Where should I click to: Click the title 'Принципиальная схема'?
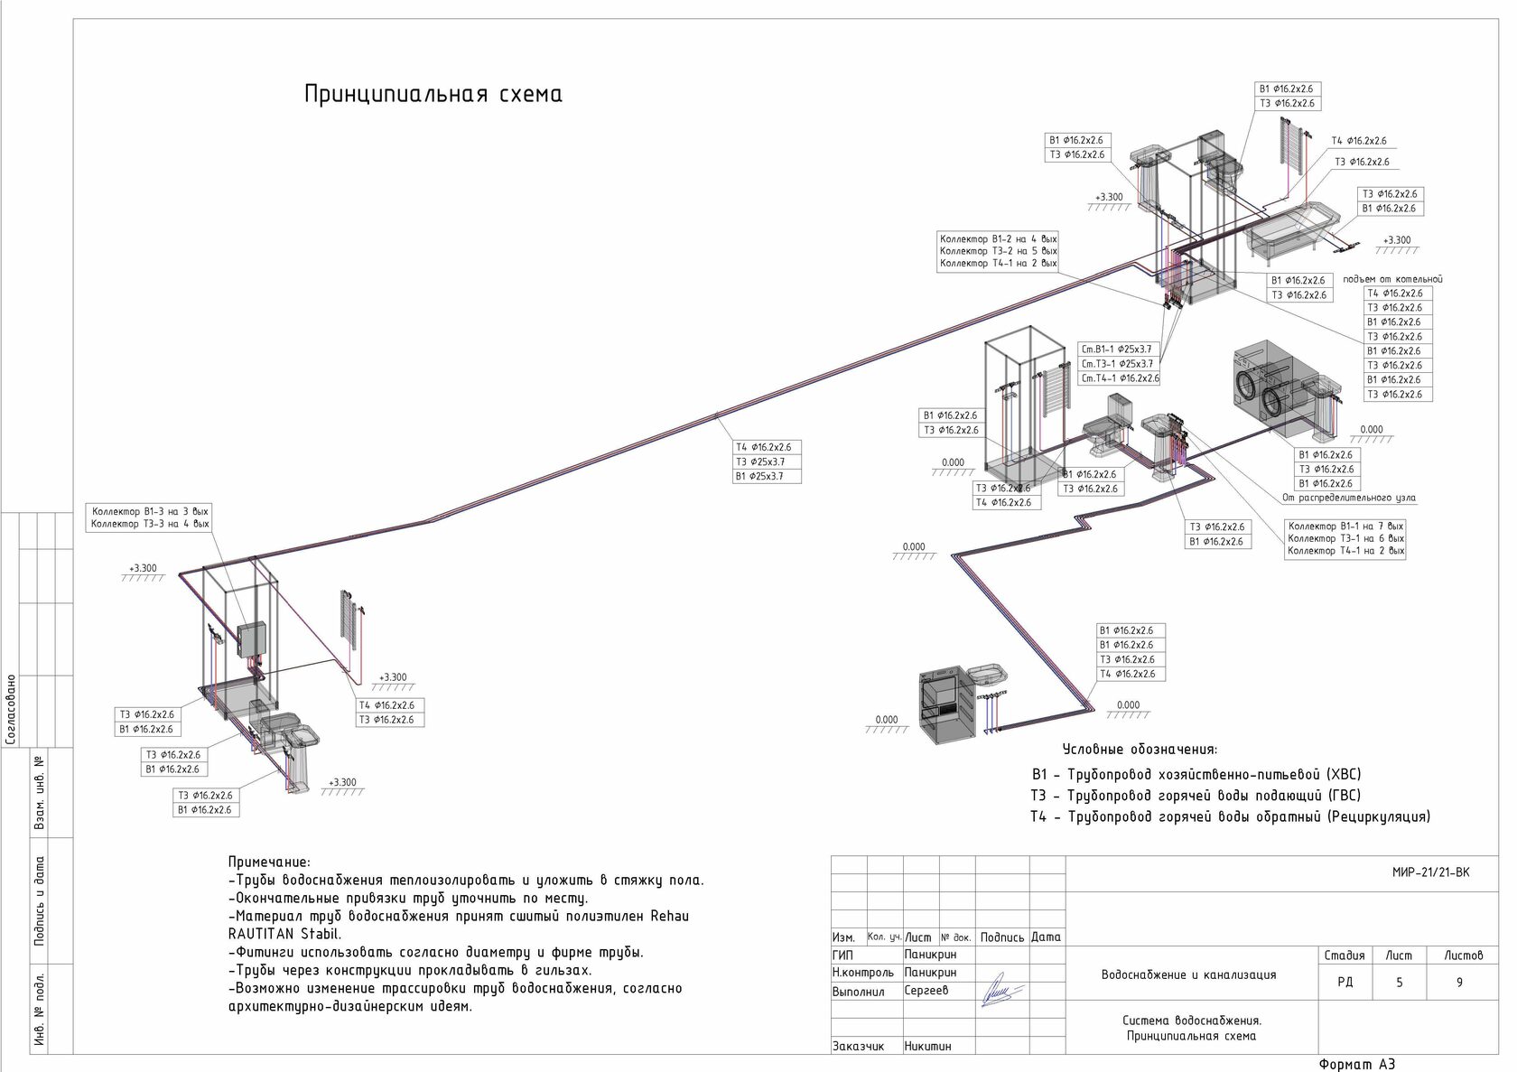point(433,95)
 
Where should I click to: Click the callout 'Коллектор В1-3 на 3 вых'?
point(150,511)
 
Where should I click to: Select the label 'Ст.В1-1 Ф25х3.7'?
point(1116,350)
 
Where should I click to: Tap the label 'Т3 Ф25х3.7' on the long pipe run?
point(759,461)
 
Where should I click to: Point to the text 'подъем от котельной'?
point(1392,279)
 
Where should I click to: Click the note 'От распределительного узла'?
point(1349,498)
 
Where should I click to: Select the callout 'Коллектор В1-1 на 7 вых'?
point(1345,527)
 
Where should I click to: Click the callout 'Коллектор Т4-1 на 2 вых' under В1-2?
point(998,264)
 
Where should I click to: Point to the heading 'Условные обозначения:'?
point(1140,750)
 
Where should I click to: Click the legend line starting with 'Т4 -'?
point(1230,817)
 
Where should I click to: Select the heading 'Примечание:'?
point(269,862)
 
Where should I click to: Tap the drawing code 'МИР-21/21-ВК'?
point(1430,872)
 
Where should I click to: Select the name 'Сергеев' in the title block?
point(926,991)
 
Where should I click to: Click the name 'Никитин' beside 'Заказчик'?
point(927,1046)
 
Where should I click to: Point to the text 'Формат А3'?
point(1357,1064)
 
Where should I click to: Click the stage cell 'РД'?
point(1345,983)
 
